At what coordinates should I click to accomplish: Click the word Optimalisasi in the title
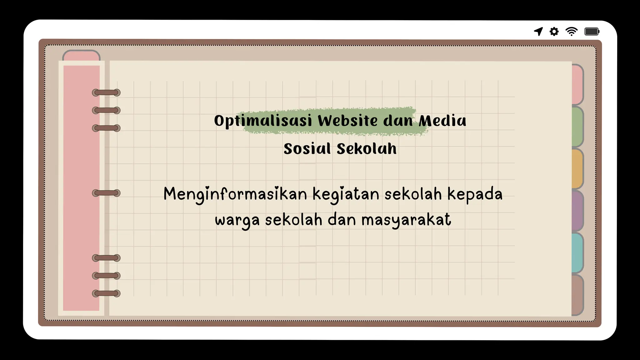coord(263,121)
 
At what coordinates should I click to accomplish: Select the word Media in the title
coord(442,121)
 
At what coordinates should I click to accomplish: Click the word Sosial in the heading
coord(307,149)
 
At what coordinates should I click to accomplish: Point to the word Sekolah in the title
coord(367,149)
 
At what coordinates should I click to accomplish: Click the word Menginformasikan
coord(235,194)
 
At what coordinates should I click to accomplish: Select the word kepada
coord(475,194)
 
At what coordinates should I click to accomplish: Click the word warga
coord(237,220)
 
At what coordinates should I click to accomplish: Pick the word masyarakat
coord(406,220)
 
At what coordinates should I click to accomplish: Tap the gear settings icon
coord(554,32)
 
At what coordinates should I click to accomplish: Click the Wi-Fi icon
coord(572,32)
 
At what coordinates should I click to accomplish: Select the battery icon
coord(592,32)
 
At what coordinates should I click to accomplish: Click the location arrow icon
coord(538,31)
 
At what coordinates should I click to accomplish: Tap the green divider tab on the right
coord(577,127)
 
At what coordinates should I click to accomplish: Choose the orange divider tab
coord(577,169)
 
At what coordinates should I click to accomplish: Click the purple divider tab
coord(577,211)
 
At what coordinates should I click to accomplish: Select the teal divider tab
coord(577,253)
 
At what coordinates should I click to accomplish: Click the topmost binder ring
coord(106,92)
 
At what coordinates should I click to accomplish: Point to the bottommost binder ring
coord(106,293)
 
